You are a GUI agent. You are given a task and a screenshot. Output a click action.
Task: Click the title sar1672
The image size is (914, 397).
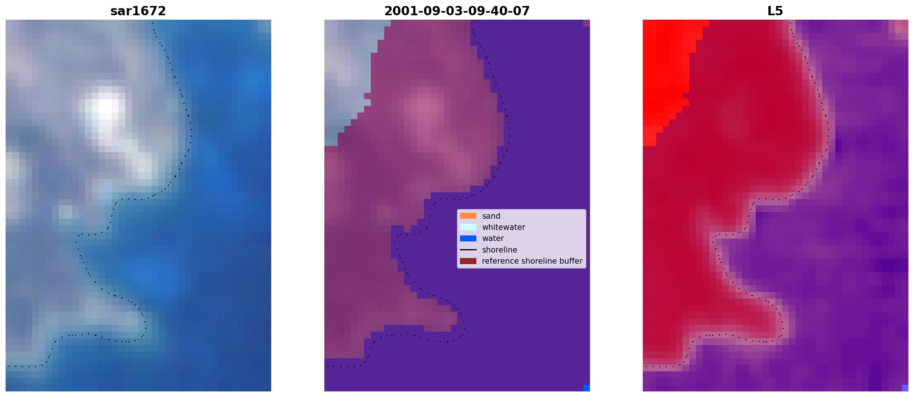coord(138,11)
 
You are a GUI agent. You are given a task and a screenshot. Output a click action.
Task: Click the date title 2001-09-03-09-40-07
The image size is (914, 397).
coord(457,11)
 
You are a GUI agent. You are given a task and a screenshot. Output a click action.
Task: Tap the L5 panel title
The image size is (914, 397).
coord(775,11)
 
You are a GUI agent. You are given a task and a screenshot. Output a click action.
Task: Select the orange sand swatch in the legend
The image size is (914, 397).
coord(468,216)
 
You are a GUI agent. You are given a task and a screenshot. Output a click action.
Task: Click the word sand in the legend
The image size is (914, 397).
coord(491,216)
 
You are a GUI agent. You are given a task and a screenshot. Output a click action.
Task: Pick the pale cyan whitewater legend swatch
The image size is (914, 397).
coord(468,227)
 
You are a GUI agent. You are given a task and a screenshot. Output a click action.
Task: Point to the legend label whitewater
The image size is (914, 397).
coord(503,227)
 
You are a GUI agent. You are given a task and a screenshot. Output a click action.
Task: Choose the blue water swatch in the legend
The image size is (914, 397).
coord(468,238)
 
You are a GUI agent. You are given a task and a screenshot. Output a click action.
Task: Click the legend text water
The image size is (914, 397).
coord(493,238)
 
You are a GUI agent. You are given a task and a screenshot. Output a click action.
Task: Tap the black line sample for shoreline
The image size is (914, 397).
coord(468,250)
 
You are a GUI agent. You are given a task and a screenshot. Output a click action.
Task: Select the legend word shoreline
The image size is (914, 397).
coord(500,250)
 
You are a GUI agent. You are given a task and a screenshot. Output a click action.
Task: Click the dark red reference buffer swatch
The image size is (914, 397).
coord(468,261)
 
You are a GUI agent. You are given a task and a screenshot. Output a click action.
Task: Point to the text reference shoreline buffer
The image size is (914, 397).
coord(532,261)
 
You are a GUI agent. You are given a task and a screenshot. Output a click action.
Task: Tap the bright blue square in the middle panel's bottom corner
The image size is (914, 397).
coord(587,388)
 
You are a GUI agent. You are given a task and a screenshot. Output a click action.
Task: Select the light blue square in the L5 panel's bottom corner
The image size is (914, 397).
coord(905,388)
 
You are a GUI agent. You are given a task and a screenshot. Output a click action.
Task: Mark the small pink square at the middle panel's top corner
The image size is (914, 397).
coord(587,23)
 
